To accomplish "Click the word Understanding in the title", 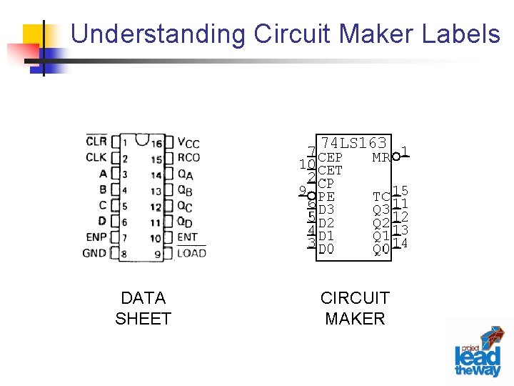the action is point(158,34).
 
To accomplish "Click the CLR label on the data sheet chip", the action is point(96,142).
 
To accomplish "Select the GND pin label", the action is point(94,253).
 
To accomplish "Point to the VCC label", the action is point(188,143).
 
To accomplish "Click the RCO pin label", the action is point(188,157).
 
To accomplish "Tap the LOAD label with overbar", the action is point(191,253).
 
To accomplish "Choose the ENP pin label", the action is point(96,237).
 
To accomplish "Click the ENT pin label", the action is point(188,237).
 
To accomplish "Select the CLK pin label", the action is point(96,157).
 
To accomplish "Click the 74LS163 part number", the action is point(354,143).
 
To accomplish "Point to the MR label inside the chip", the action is point(381,157).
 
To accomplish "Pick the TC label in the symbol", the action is point(381,197).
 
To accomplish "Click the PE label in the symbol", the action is point(326,197).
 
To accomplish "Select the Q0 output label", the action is point(381,249).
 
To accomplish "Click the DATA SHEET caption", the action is point(143,308).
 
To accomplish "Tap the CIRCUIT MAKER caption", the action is point(355,308).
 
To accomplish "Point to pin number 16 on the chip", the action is point(156,144).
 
